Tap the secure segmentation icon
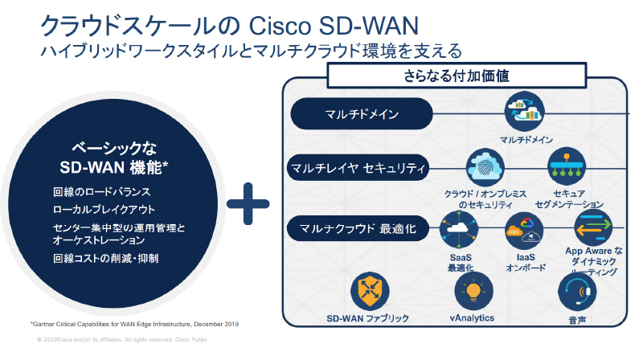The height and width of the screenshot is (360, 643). click(x=568, y=167)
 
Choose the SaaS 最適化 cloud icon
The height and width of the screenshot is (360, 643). click(x=459, y=230)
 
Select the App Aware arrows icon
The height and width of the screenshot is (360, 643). click(x=593, y=229)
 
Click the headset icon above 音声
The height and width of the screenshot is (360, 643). click(x=576, y=292)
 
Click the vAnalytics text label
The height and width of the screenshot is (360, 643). click(x=472, y=317)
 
